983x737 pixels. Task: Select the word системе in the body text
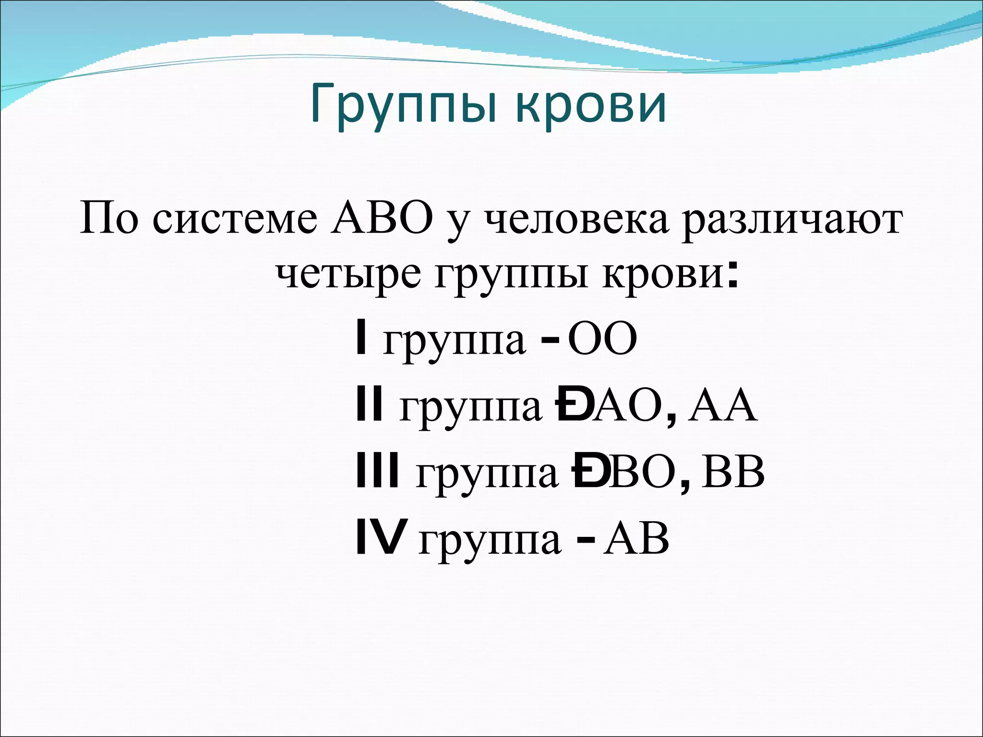click(x=235, y=219)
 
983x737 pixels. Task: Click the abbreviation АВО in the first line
click(x=382, y=218)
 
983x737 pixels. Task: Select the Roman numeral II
click(x=370, y=405)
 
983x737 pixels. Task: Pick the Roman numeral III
click(x=378, y=472)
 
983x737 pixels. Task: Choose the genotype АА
click(x=722, y=406)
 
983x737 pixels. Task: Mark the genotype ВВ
click(x=733, y=472)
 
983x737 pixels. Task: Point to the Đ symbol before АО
click(x=571, y=406)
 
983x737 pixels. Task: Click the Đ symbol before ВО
click(x=589, y=472)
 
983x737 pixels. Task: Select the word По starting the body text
click(x=108, y=218)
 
